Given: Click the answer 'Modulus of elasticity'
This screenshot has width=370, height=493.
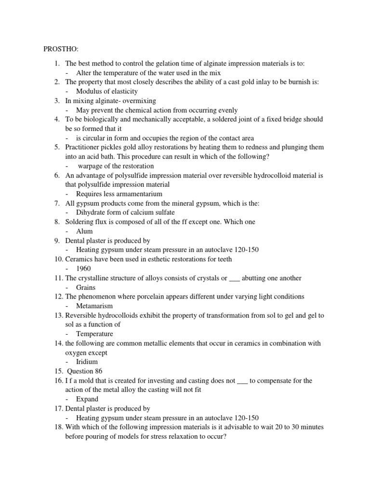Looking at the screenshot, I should [x=106, y=91].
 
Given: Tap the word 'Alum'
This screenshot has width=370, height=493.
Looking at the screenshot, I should [x=84, y=231].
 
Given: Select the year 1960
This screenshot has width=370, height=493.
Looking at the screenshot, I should [x=83, y=269].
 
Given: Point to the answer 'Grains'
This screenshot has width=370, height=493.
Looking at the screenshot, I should [x=86, y=287].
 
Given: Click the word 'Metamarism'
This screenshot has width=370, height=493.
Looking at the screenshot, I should [x=94, y=306].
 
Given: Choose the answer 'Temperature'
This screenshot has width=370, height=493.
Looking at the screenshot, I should [x=94, y=334].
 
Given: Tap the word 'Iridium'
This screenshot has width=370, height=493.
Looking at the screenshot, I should [x=87, y=362].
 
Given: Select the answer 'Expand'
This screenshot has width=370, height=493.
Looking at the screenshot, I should [x=87, y=399].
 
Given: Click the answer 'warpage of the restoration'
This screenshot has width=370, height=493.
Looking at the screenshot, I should [x=116, y=166].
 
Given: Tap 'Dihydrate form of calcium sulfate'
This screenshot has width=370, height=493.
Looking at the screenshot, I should [x=125, y=212].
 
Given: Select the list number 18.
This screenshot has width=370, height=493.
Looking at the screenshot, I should [x=58, y=427].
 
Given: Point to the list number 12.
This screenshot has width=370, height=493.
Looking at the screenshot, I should [x=58, y=297].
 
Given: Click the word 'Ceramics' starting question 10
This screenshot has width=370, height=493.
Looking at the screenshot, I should [x=79, y=259].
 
